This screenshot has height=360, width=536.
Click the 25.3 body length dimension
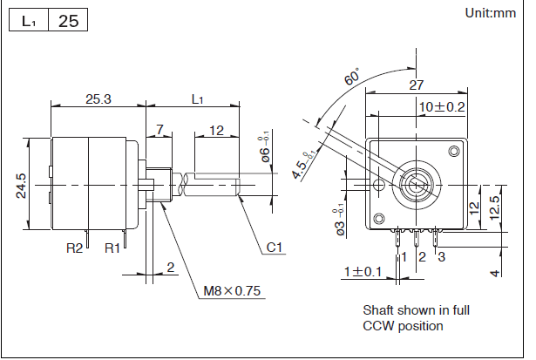pyautogui.click(x=98, y=98)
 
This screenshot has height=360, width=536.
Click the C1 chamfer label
pyautogui.click(x=276, y=248)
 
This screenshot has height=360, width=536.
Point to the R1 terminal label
pyautogui.click(x=112, y=248)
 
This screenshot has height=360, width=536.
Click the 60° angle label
pyautogui.click(x=352, y=77)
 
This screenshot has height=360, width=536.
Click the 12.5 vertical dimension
pyautogui.click(x=494, y=208)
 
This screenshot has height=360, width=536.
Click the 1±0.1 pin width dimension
pyautogui.click(x=363, y=272)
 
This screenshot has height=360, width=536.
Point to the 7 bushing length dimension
pyautogui.click(x=159, y=130)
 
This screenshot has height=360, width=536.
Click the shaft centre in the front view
pyautogui.click(x=414, y=184)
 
